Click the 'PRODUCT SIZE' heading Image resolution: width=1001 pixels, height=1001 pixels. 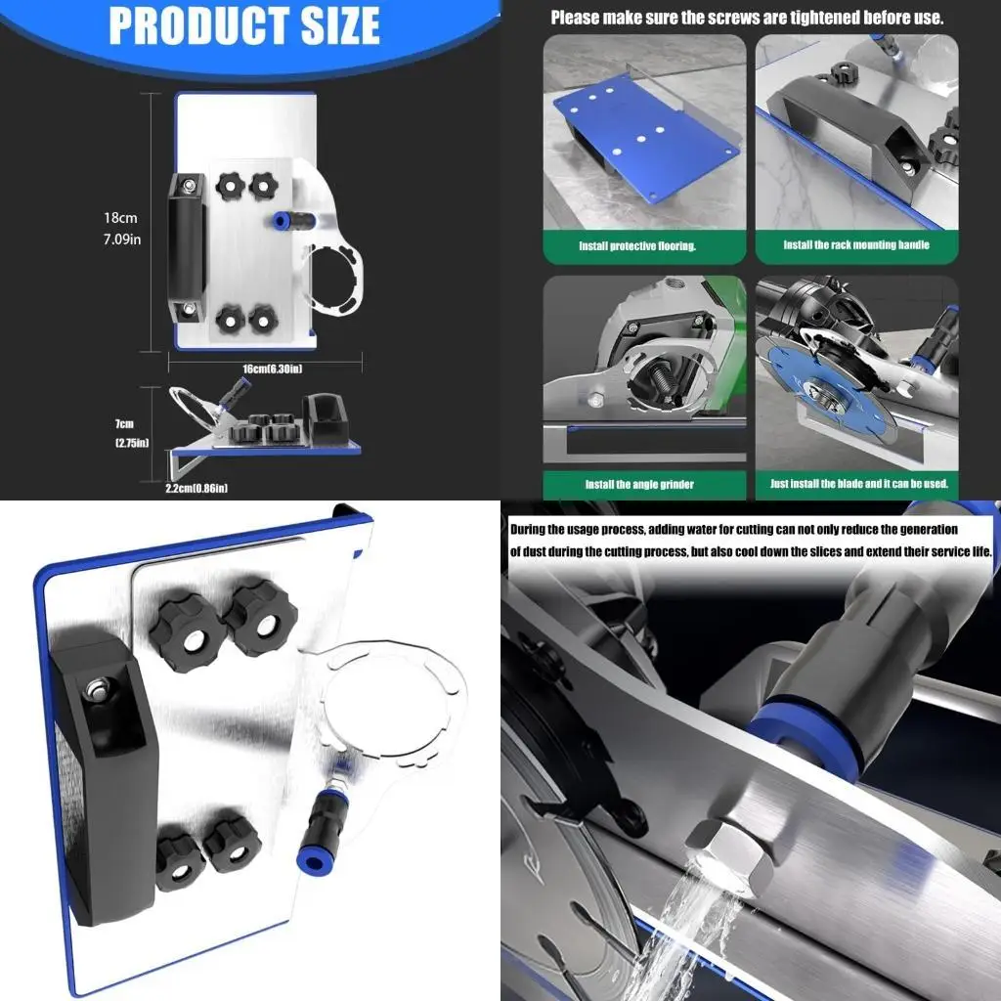coord(243,26)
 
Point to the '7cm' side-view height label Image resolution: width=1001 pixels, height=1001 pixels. coord(124,424)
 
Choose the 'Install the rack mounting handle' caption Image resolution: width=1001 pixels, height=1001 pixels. coord(855,245)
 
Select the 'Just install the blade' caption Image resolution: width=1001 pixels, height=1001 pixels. coord(857,485)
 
